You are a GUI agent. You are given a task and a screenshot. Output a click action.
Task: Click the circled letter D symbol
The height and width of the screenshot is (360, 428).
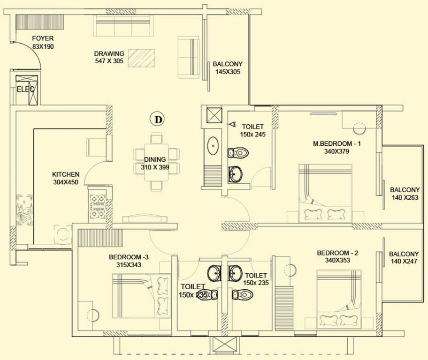click(x=158, y=120)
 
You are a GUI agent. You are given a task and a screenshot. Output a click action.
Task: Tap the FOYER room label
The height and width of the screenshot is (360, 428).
click(x=43, y=38)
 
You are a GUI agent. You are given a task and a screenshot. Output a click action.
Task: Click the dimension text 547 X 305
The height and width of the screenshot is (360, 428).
click(x=109, y=61)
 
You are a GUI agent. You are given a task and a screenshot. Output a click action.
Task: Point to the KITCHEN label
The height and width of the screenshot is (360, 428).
click(x=66, y=174)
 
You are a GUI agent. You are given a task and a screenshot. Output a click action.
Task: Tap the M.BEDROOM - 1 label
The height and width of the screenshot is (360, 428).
click(x=337, y=143)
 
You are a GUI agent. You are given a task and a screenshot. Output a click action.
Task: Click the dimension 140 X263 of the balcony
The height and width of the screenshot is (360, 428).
click(x=405, y=197)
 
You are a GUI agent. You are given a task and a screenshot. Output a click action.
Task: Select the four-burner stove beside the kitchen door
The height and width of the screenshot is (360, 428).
click(x=98, y=207)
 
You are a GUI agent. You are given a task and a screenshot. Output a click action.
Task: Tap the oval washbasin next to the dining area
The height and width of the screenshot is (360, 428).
click(x=214, y=146)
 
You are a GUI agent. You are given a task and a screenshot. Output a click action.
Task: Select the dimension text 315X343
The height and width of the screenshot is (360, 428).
click(x=129, y=265)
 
